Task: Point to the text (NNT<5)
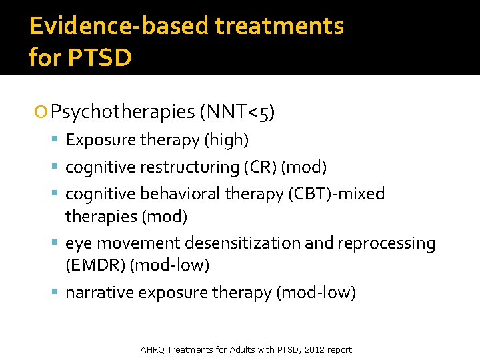(237, 111)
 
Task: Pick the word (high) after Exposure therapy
(226, 140)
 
